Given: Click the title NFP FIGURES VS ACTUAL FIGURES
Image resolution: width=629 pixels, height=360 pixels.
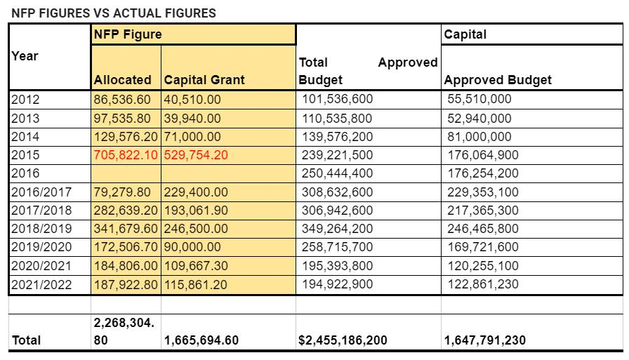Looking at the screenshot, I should click(113, 13).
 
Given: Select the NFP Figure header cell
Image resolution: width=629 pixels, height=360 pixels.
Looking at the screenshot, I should click(128, 34).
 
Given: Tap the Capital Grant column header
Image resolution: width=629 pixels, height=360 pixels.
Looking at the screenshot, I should click(204, 80).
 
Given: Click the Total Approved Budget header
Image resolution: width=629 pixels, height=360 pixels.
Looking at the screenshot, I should click(368, 71).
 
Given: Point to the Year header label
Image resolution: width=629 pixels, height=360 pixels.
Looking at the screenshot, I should click(25, 56).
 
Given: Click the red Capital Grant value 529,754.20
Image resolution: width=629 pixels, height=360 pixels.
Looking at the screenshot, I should click(196, 155).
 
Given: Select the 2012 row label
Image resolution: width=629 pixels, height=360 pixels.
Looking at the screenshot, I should click(25, 99).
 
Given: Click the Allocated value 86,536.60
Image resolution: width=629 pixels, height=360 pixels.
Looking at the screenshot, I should click(122, 99).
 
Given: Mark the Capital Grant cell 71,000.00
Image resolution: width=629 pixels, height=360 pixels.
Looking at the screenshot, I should click(192, 137).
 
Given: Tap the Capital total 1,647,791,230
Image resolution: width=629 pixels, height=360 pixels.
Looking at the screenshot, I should click(485, 340).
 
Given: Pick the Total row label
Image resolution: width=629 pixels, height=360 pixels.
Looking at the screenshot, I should click(27, 340).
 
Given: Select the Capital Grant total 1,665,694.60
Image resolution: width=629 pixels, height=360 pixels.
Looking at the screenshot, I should click(201, 340).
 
